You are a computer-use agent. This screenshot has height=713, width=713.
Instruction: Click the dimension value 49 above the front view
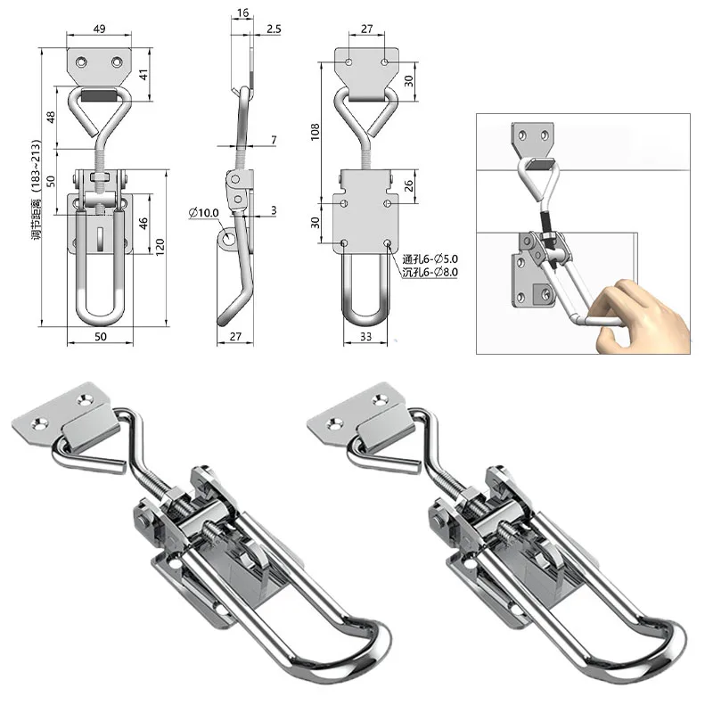click(99, 29)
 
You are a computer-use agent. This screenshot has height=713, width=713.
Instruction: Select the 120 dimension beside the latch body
click(160, 248)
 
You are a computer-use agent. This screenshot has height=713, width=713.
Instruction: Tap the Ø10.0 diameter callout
click(204, 213)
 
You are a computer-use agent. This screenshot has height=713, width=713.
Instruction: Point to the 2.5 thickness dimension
click(274, 29)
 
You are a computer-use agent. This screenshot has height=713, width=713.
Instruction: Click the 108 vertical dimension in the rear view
click(316, 132)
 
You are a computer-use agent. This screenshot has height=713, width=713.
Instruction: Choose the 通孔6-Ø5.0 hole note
click(430, 259)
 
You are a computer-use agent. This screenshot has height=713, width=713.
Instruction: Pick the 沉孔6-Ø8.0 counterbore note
click(430, 273)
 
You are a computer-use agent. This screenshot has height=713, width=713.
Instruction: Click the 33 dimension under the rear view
click(365, 337)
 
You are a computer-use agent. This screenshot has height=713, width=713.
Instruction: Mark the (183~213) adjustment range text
click(37, 165)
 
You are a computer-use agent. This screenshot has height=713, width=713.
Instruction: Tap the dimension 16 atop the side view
click(242, 12)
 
